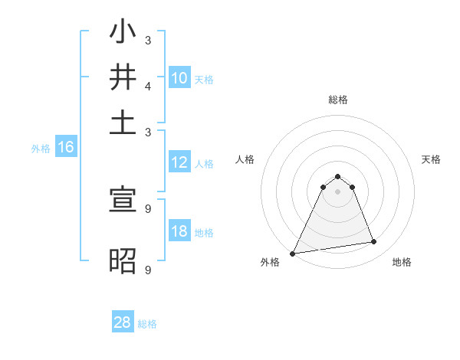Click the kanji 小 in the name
(123, 33)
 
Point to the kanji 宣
(123, 200)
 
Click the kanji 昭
(123, 260)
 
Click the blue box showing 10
(179, 77)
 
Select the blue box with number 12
(179, 162)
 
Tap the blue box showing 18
(179, 231)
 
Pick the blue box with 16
(66, 148)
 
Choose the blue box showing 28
(123, 322)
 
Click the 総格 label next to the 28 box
(147, 324)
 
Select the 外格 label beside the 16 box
(40, 149)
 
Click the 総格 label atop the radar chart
(337, 100)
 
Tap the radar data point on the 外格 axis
(293, 253)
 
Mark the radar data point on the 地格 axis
(374, 242)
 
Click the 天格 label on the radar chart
(431, 159)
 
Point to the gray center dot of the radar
(337, 191)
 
